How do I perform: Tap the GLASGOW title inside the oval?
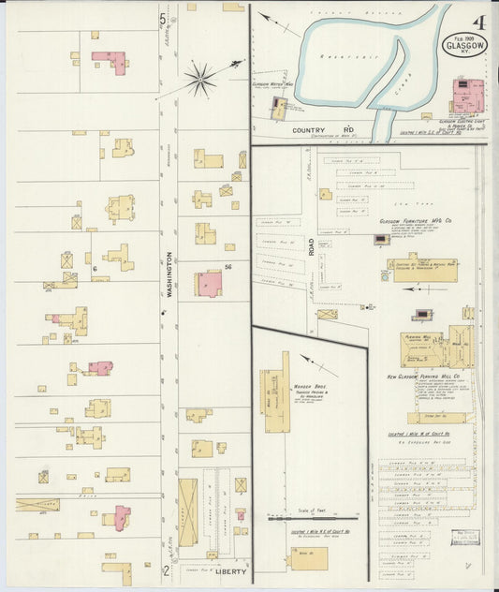click(x=466, y=44)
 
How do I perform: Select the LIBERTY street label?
click(x=227, y=569)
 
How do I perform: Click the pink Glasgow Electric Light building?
click(x=464, y=96)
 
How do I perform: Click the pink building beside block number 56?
click(x=209, y=283)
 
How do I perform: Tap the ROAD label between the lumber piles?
click(x=311, y=246)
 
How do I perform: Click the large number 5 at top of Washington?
click(x=164, y=16)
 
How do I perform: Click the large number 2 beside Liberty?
click(x=165, y=569)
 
